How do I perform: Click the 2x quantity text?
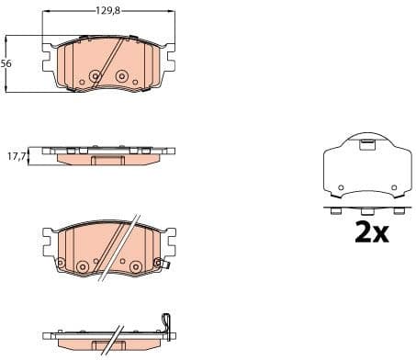click(x=372, y=232)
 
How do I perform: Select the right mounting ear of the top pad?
click(x=173, y=61)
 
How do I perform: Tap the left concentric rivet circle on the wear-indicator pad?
click(x=82, y=266)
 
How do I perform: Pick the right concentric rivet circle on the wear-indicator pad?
click(x=136, y=266)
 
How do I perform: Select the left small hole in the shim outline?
click(x=340, y=187)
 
